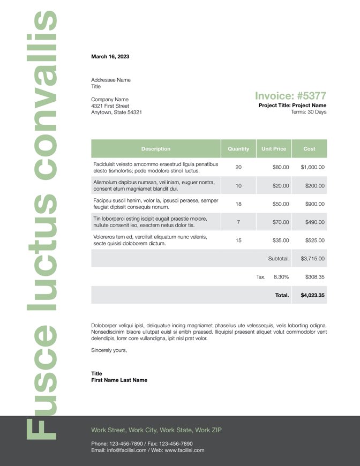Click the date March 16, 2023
(x=110, y=56)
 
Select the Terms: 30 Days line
(x=308, y=112)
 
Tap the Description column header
(x=156, y=148)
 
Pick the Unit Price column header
(x=274, y=148)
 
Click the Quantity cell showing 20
(x=238, y=167)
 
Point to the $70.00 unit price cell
(x=281, y=222)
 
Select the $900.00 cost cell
(x=313, y=204)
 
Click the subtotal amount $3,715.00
(x=312, y=258)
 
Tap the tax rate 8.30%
(x=281, y=277)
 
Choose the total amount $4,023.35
(x=312, y=295)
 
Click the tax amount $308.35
(x=314, y=277)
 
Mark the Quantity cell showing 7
(x=238, y=222)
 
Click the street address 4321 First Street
(x=110, y=106)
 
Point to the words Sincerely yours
(x=109, y=350)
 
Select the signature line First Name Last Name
(x=119, y=380)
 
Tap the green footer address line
(x=156, y=430)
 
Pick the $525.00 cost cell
(x=313, y=240)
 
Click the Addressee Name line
(x=111, y=80)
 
